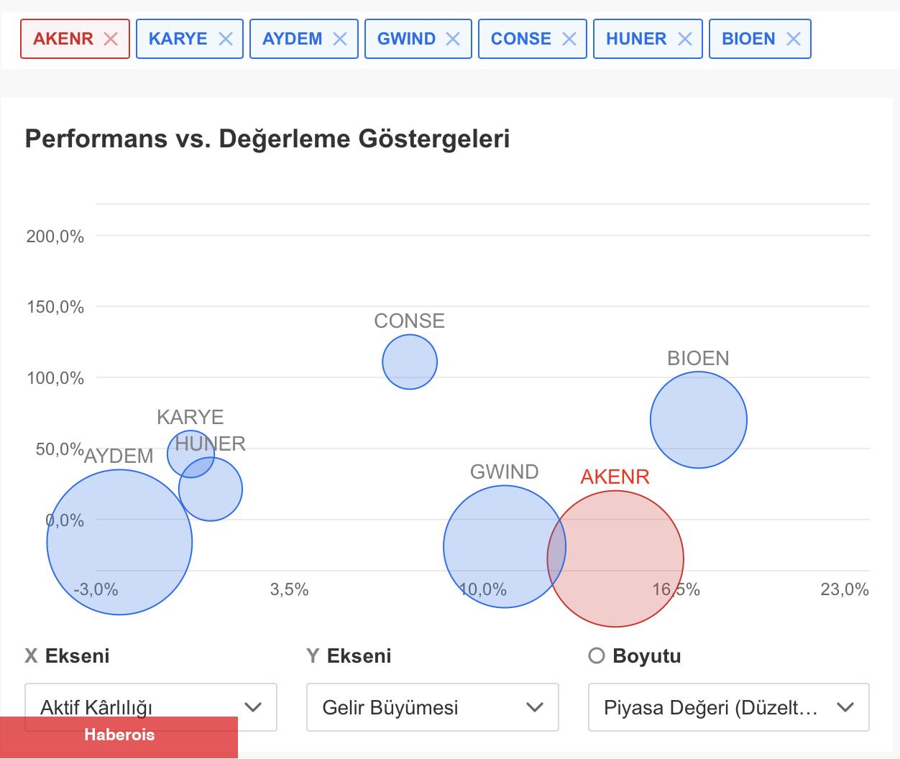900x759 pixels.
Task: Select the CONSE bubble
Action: tap(410, 362)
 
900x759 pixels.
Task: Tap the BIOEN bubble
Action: tap(699, 420)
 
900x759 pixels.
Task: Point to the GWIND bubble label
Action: tap(504, 471)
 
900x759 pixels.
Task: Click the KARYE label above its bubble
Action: tap(190, 417)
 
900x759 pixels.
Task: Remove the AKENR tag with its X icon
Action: tap(111, 39)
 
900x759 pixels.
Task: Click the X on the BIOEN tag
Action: tap(794, 39)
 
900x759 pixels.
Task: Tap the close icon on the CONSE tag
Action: tap(569, 39)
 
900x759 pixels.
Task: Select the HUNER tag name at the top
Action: tap(636, 39)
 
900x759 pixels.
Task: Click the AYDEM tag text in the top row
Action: tap(292, 39)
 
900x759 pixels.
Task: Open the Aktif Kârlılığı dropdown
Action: tap(151, 707)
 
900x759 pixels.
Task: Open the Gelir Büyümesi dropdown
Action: tap(433, 707)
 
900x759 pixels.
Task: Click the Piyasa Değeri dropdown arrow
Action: tap(845, 707)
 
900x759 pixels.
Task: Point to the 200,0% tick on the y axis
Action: tap(55, 236)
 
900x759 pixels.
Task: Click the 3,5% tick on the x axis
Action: tap(290, 589)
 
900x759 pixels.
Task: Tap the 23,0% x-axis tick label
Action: tap(845, 589)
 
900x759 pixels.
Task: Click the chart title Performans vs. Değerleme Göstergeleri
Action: tap(267, 138)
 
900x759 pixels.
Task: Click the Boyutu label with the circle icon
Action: tap(635, 655)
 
